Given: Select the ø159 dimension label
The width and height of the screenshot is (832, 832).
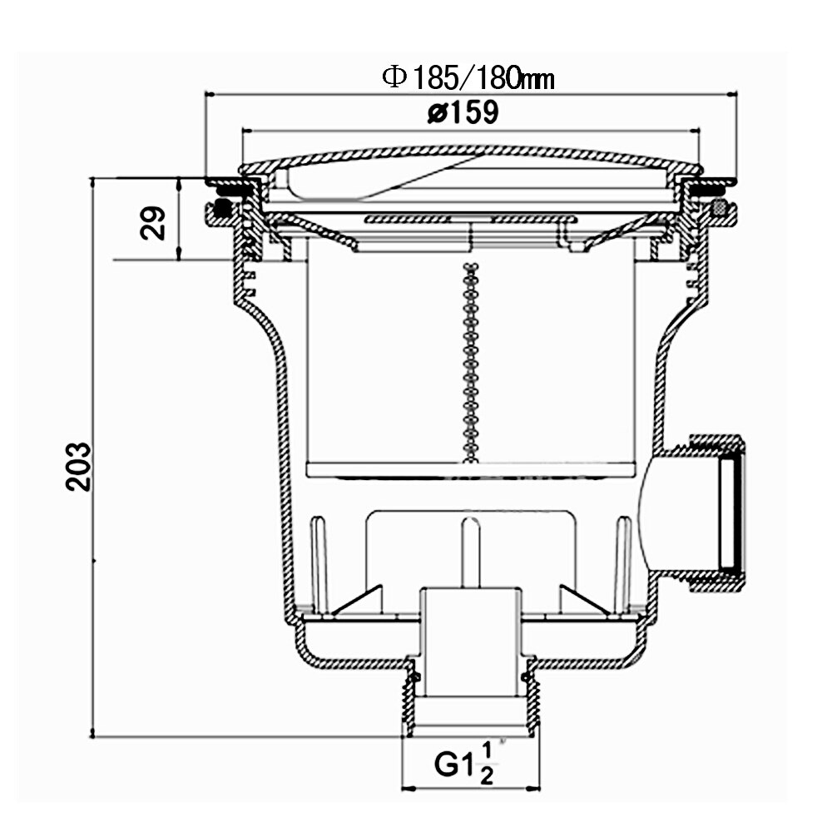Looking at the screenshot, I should (x=463, y=112).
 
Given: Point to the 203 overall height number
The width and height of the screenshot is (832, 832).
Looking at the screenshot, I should (x=78, y=467).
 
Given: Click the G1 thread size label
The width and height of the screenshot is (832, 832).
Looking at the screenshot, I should (x=454, y=764).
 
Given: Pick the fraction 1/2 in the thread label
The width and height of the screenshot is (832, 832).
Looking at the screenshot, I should (x=486, y=764).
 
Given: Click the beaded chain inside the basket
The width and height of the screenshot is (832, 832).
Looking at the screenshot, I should (x=470, y=362).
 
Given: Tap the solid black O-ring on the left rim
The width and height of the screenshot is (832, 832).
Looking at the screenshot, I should (x=222, y=208).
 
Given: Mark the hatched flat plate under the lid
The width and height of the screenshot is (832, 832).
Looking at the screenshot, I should (x=470, y=219).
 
